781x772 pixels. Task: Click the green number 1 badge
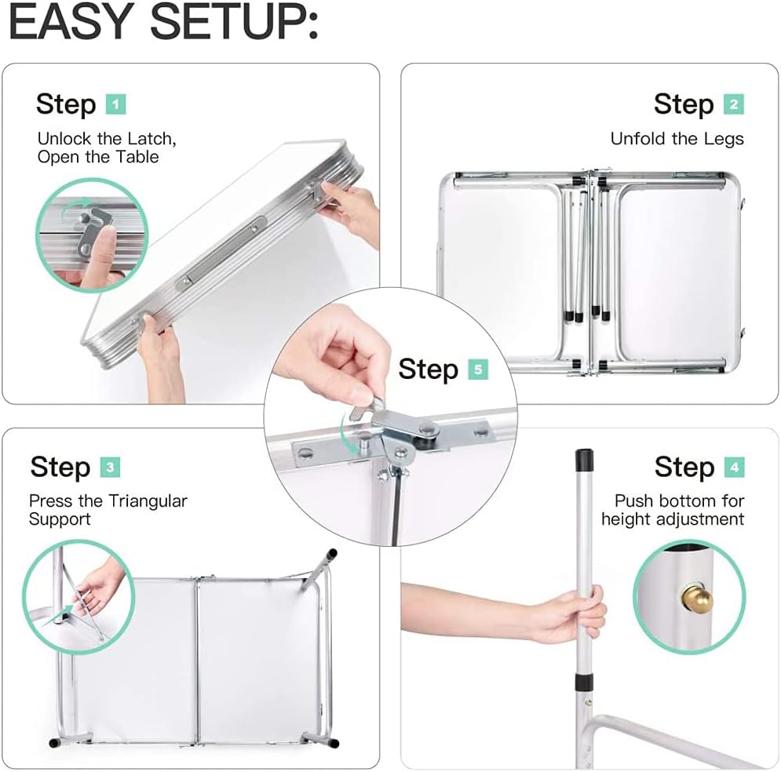coord(116,104)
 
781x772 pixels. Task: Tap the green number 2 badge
coord(734,104)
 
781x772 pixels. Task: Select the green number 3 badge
coord(110,468)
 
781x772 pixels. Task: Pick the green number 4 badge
coord(735,468)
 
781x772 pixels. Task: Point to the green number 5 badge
coord(478,370)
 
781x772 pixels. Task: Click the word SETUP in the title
coord(234,23)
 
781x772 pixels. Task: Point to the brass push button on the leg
coord(699,599)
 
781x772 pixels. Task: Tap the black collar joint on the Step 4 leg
coord(584,682)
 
